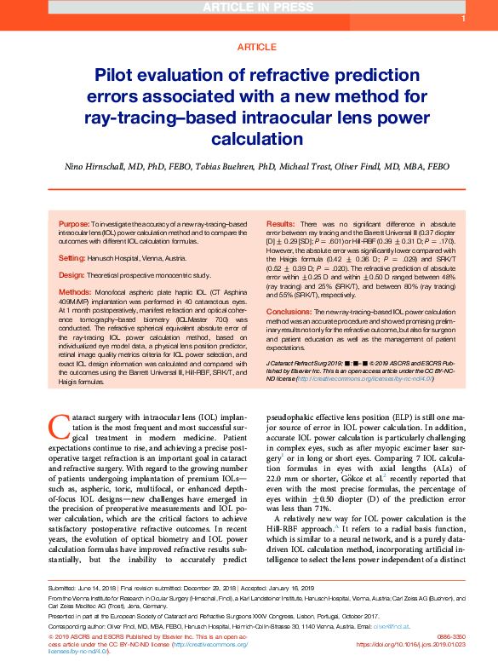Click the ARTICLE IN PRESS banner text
point(249,8)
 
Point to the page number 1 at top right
point(462,19)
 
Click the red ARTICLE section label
point(249,47)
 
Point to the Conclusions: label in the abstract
point(290,313)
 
